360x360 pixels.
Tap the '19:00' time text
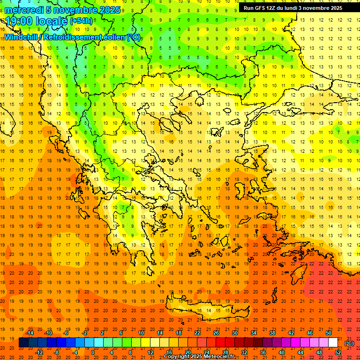pyautogui.click(x=18, y=21)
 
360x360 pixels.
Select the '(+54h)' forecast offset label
pyautogui.click(x=81, y=21)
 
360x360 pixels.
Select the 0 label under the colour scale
pyautogui.click(x=93, y=352)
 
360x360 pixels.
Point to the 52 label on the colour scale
pyautogui.click(x=338, y=352)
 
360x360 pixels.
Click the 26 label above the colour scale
pyautogui.click(x=216, y=333)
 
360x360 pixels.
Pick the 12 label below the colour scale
pyautogui.click(x=151, y=352)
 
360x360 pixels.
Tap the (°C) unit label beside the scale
pyautogui.click(x=349, y=343)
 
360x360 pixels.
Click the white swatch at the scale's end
pyautogui.click(x=333, y=343)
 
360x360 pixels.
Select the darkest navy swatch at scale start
pyautogui.click(x=23, y=343)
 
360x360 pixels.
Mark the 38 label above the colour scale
pyautogui.click(x=272, y=333)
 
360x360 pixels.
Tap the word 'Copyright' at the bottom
pyautogui.click(x=177, y=357)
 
